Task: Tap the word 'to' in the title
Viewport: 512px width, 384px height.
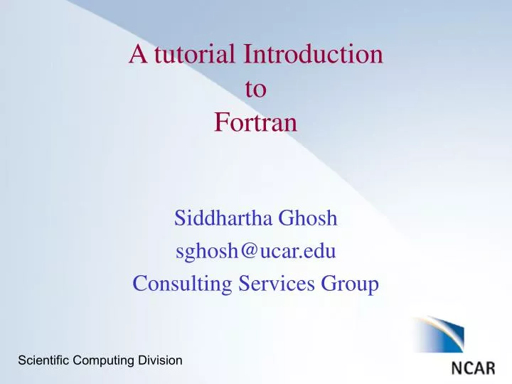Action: (x=255, y=89)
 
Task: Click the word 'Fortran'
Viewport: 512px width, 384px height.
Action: (x=255, y=123)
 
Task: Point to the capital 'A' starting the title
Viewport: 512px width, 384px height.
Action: (x=137, y=55)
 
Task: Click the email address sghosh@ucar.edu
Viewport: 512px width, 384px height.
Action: (x=255, y=252)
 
